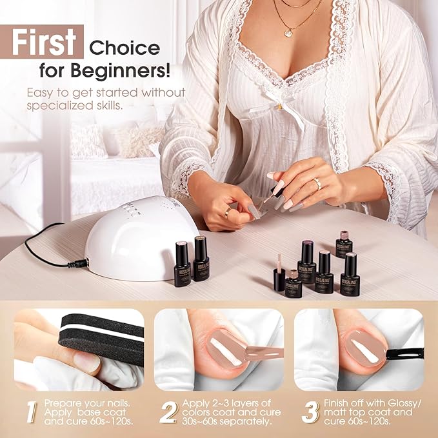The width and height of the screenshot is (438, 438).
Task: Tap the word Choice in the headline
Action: [x=124, y=48]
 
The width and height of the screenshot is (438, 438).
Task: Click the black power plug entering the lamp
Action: [x=80, y=263]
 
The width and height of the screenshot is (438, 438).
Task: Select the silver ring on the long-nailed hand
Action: [x=317, y=183]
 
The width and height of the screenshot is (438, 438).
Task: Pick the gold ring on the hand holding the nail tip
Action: [x=227, y=211]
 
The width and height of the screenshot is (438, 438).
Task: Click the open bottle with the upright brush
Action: [x=279, y=274]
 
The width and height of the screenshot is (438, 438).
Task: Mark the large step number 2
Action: [x=168, y=412]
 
